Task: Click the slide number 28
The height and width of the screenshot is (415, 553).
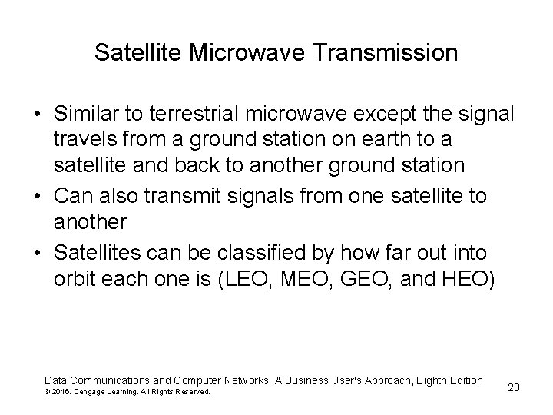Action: click(x=514, y=387)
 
